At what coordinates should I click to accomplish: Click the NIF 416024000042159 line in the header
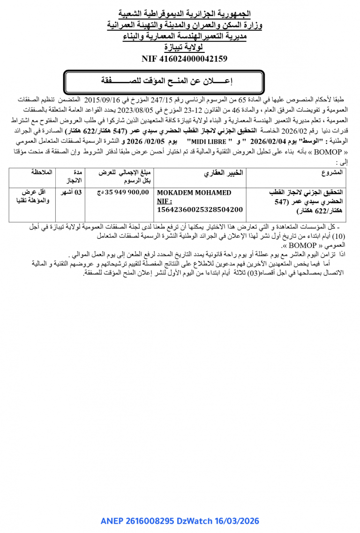tap(184, 59)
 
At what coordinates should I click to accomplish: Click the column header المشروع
tap(332, 172)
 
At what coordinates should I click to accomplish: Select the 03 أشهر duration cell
tap(72, 192)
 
